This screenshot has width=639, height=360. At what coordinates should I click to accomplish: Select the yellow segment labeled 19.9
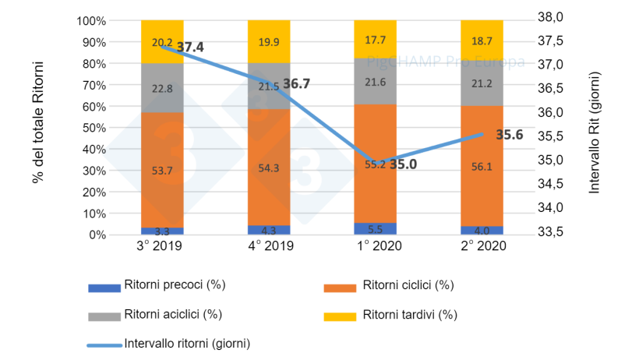[x=268, y=41]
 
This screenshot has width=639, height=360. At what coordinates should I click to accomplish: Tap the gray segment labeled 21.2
[x=481, y=85]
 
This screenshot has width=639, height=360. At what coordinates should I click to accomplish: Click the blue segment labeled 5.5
[x=375, y=229]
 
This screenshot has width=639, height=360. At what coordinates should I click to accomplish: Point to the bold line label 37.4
[x=190, y=48]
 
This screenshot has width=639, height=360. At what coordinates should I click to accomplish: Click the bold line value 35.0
[x=403, y=164]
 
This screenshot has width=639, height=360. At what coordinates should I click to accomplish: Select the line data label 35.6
[x=508, y=135]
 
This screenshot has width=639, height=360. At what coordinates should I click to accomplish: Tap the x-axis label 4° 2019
[x=269, y=247]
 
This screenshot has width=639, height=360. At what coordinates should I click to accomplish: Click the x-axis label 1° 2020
[x=376, y=247]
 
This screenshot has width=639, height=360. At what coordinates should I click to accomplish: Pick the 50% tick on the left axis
[x=93, y=128]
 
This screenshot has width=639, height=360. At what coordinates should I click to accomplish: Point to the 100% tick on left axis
[x=90, y=21]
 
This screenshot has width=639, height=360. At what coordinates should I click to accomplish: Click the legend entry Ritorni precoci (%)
[x=174, y=284]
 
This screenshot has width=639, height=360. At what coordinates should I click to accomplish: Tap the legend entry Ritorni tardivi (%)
[x=408, y=316]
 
